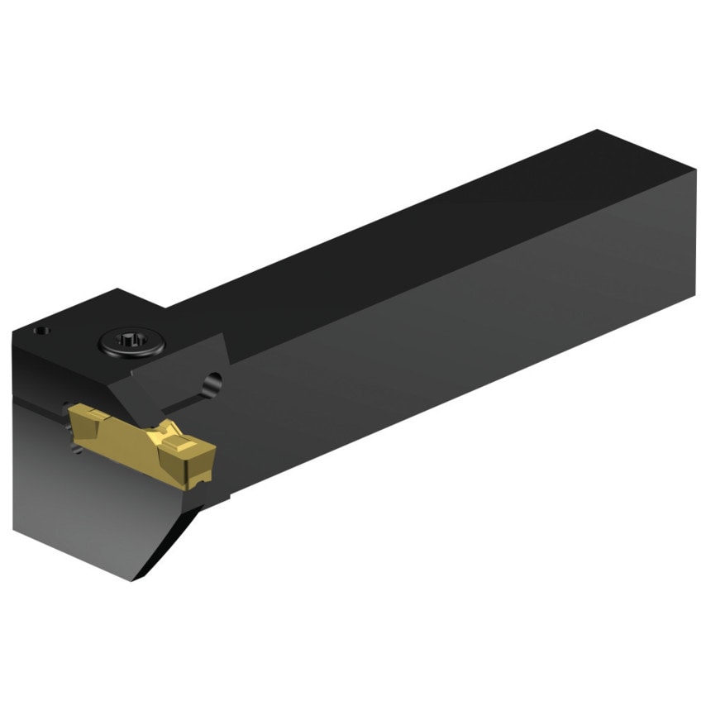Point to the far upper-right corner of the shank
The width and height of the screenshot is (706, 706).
coord(597,131)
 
